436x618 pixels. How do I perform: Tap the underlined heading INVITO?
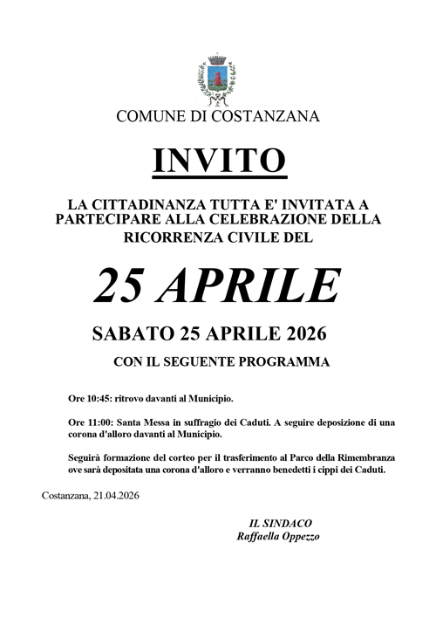[x=218, y=160]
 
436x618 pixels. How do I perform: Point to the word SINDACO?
[x=281, y=522]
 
